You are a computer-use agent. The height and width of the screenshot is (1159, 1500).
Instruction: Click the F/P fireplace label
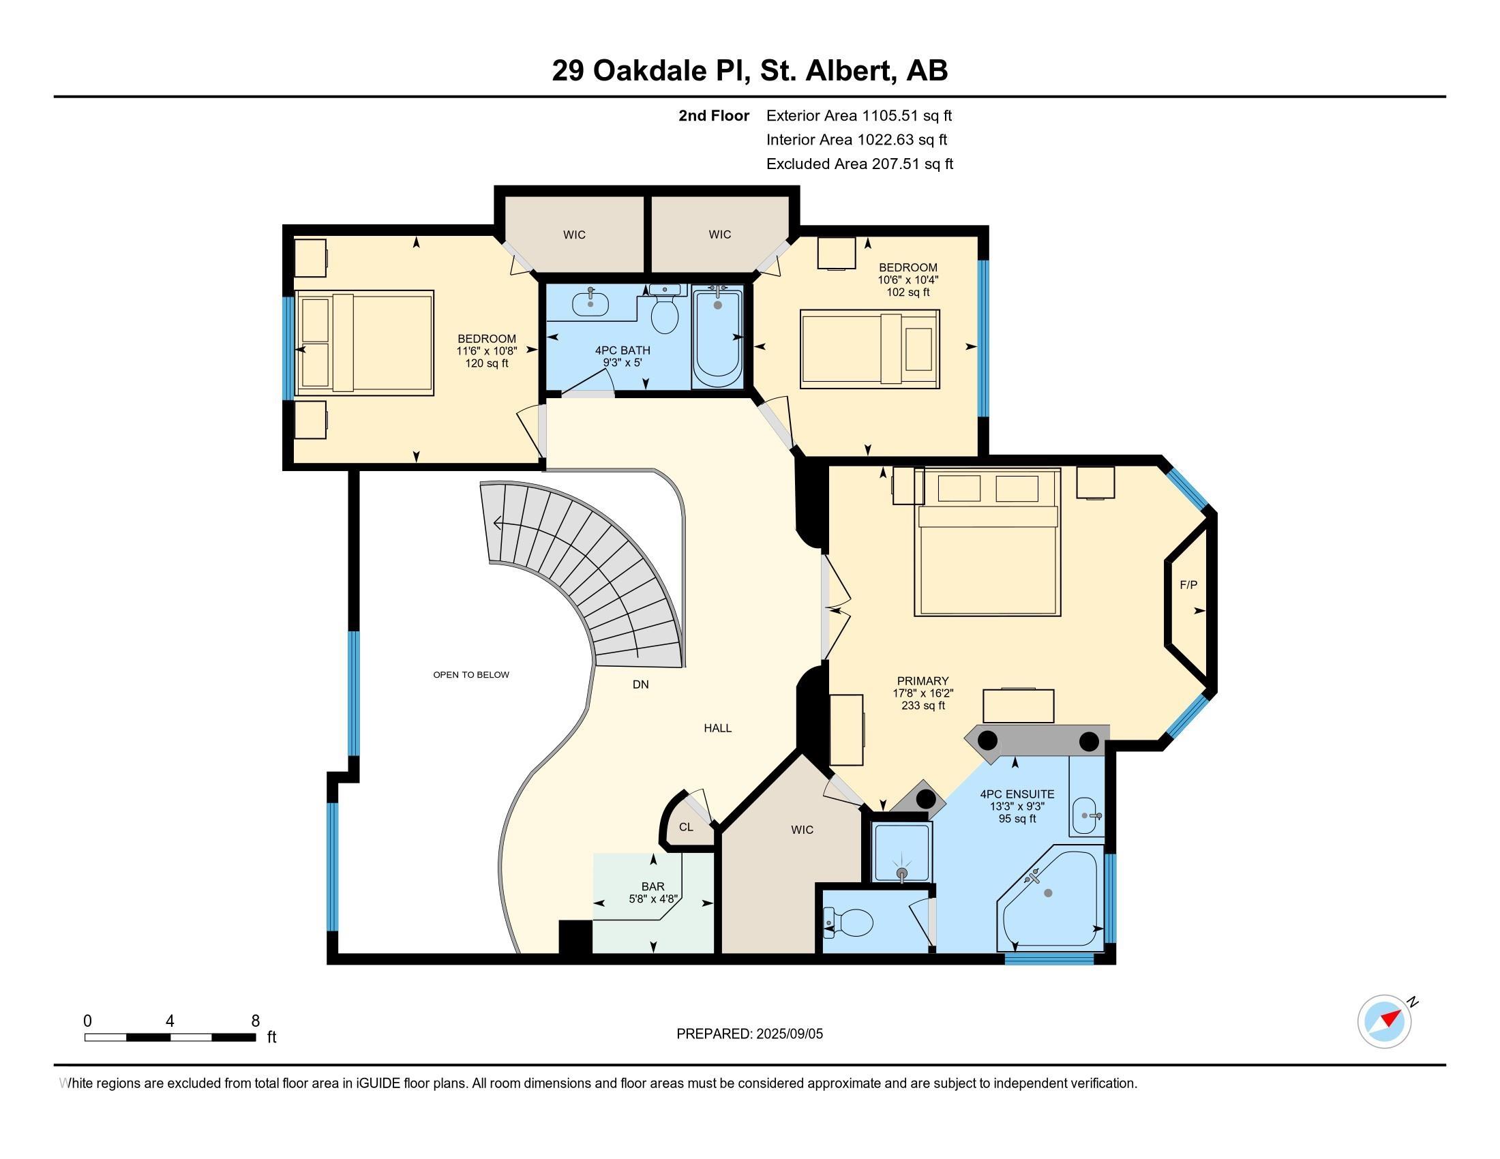[1188, 585]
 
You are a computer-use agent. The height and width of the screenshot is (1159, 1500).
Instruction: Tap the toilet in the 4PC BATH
[664, 314]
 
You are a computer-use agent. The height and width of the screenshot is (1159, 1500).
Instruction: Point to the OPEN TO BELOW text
[471, 675]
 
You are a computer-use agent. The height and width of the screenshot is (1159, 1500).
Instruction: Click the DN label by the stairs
[640, 684]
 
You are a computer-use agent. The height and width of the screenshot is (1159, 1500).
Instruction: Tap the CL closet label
[686, 827]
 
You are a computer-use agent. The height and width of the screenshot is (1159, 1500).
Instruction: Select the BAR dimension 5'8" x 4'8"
[653, 899]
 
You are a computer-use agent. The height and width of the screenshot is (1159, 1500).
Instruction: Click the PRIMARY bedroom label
[922, 681]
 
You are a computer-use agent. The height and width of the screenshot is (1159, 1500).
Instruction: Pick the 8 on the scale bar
[256, 1021]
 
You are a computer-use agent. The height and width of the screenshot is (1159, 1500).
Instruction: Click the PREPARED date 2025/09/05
[788, 1034]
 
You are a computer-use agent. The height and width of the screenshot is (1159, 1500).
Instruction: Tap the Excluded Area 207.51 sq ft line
[859, 164]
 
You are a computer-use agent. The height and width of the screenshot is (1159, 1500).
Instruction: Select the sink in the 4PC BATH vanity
[590, 302]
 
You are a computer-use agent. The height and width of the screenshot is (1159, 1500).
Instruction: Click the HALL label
[718, 728]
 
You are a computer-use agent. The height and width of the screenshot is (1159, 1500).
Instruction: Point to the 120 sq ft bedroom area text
[486, 363]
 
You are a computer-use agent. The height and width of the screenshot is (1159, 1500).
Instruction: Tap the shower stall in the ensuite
[901, 852]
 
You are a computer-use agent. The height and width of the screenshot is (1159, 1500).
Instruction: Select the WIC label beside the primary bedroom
[802, 830]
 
